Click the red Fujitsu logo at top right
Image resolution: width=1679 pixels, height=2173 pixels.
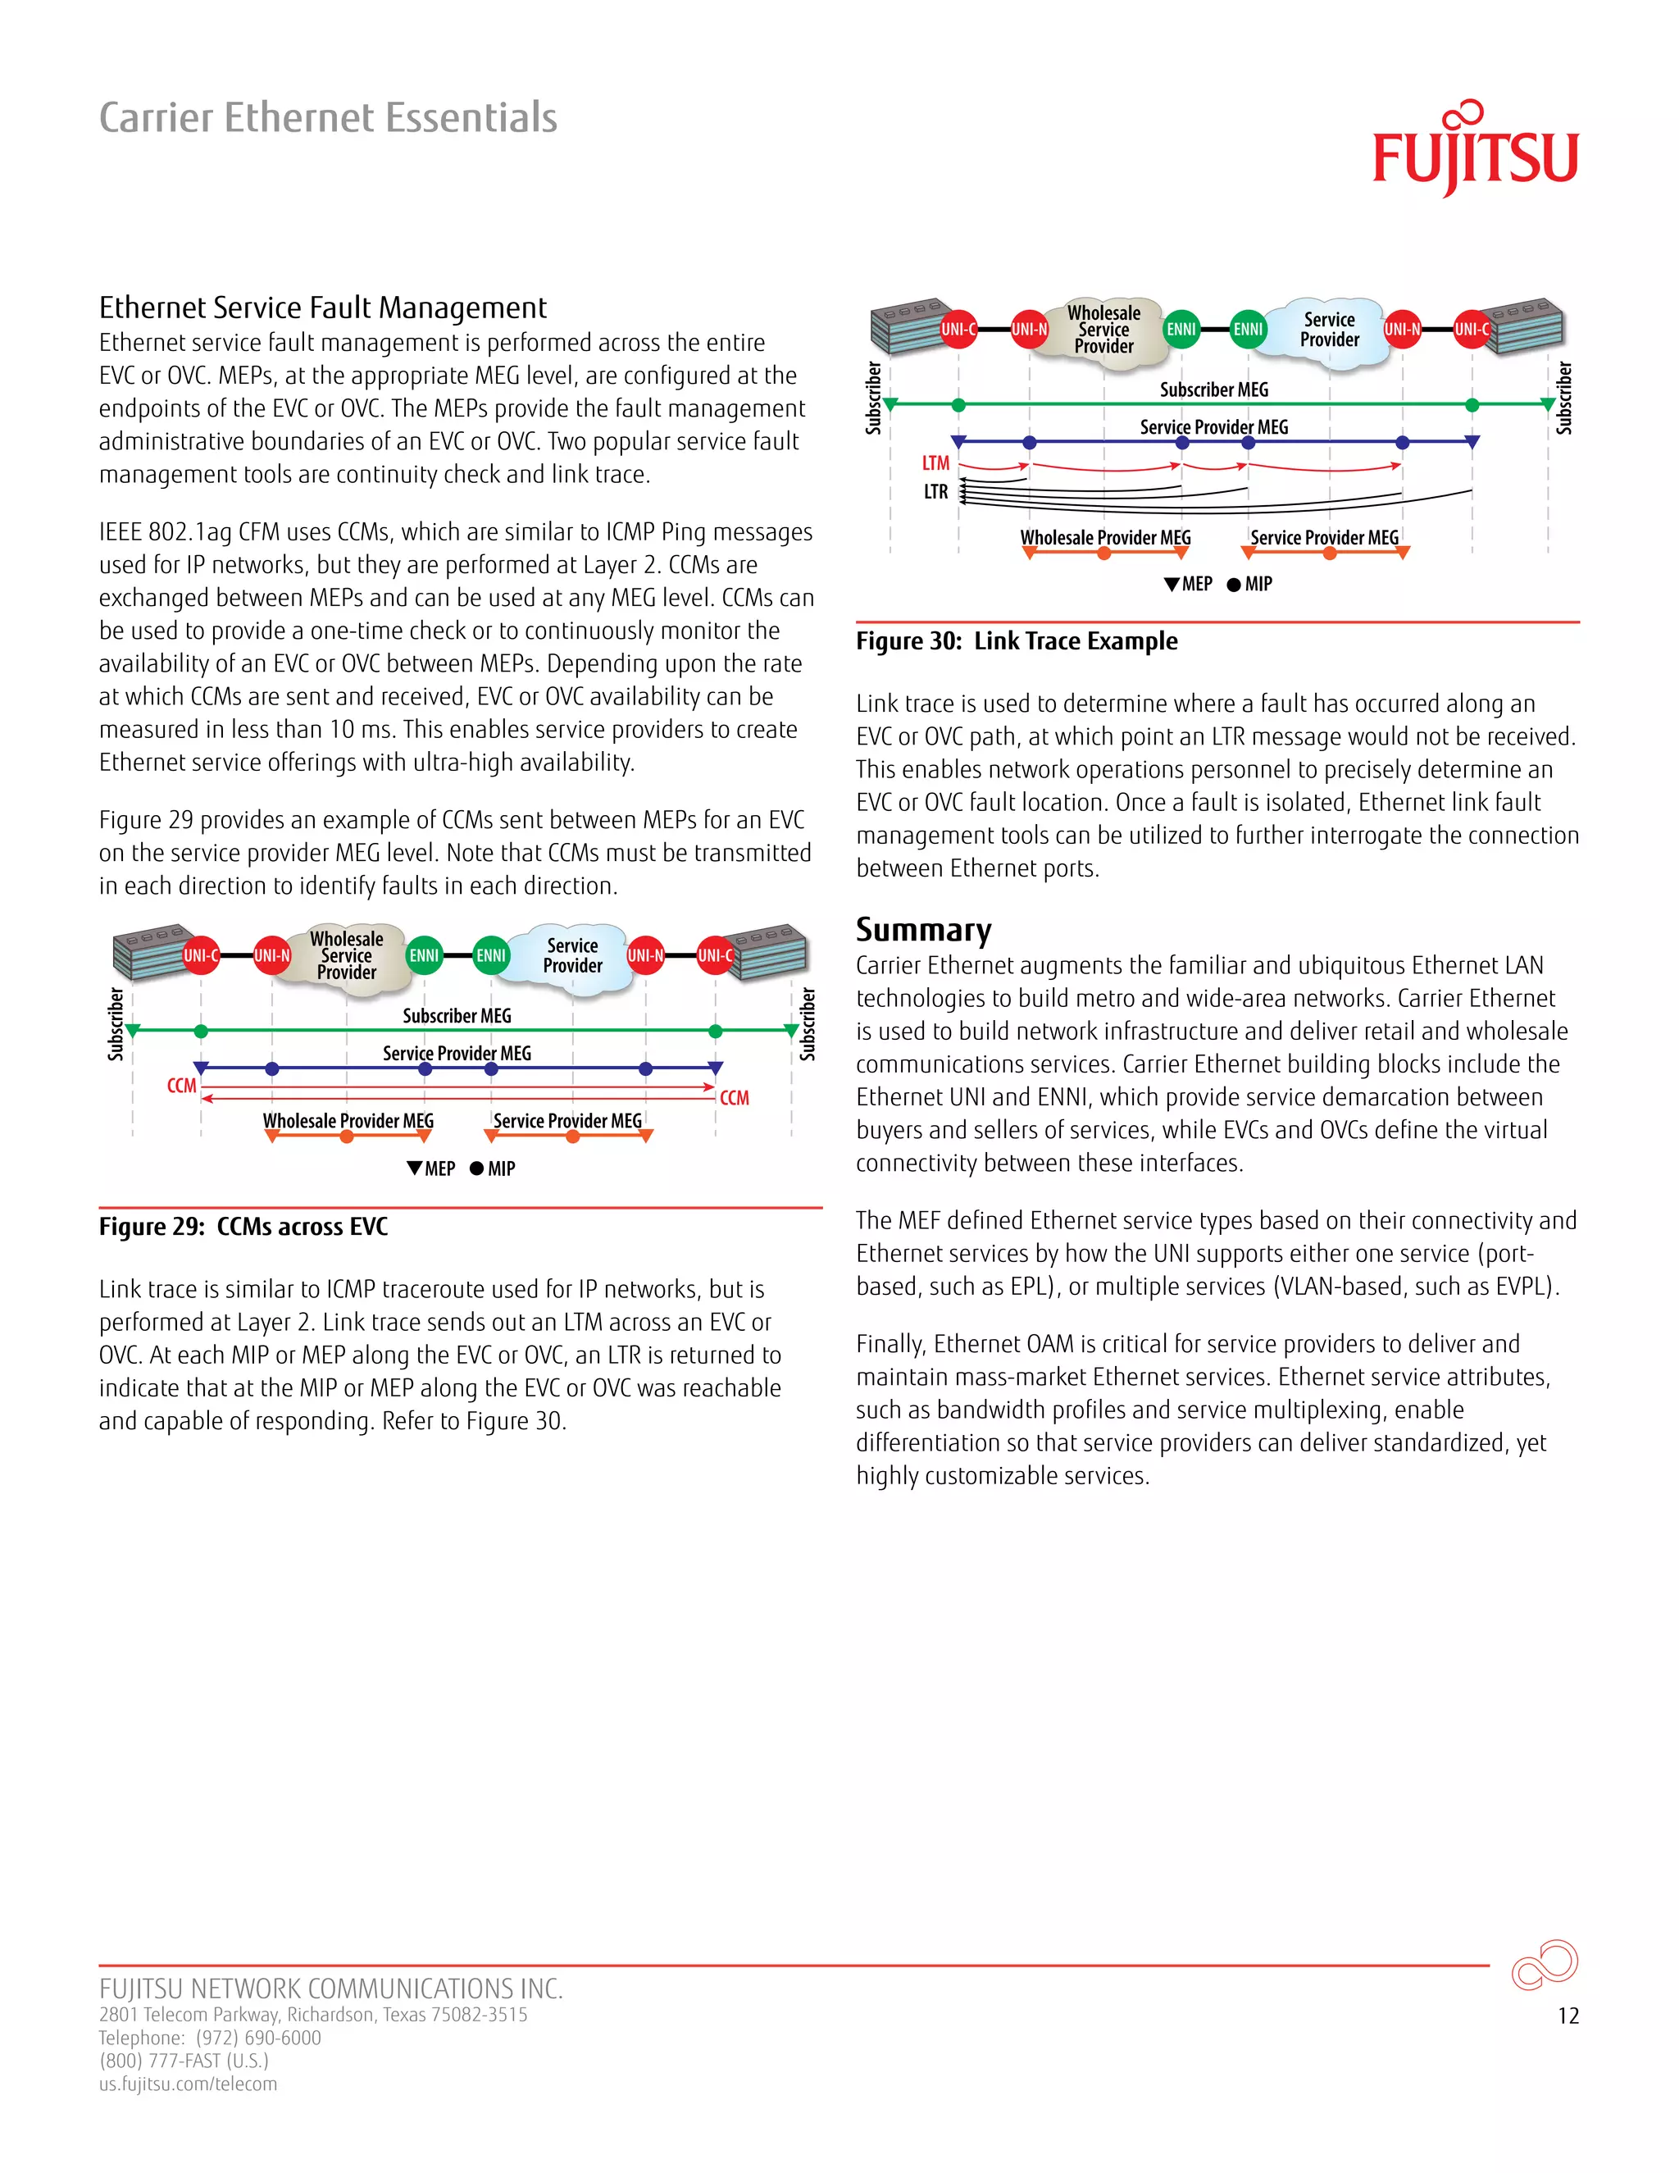coord(1474,150)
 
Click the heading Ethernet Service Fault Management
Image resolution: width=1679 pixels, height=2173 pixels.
coord(322,307)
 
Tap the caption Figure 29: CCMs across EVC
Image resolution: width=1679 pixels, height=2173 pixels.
coord(243,1227)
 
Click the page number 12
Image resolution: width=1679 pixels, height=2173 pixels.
coord(1568,2016)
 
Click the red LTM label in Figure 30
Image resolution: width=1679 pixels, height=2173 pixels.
coord(935,463)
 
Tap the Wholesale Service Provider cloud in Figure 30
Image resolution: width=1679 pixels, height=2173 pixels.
coord(1104,330)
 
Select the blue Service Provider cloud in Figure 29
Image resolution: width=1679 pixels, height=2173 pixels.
coord(572,956)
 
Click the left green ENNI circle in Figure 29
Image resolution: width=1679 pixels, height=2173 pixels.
coord(424,956)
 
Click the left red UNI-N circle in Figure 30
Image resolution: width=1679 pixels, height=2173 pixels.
coord(1030,330)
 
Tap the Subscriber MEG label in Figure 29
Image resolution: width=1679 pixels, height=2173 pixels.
coord(457,1016)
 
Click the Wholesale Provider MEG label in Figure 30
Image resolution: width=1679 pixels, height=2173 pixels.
coord(1105,538)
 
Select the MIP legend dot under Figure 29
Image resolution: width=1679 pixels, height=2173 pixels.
coord(476,1169)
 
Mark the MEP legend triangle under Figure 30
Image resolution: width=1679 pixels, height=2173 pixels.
coord(1172,584)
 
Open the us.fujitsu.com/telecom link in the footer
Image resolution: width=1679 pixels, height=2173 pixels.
coord(188,2084)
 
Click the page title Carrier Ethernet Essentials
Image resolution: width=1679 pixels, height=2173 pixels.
coord(328,117)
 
